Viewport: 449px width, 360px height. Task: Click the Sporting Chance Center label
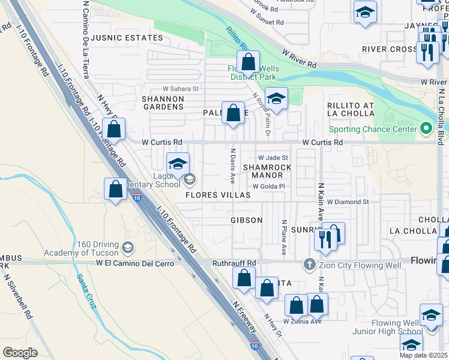[x=372, y=129]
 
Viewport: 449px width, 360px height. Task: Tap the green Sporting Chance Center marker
[x=426, y=128]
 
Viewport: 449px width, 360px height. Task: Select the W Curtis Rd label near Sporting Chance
[x=322, y=143]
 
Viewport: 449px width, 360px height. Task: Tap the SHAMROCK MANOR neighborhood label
[x=267, y=171]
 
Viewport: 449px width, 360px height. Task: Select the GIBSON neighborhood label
[x=247, y=220]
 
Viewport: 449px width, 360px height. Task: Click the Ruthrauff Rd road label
[x=234, y=263]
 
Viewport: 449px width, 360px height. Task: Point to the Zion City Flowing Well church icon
[x=309, y=263]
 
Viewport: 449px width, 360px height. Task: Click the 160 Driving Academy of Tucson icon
[x=127, y=247]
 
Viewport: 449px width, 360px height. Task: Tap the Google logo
[x=20, y=352]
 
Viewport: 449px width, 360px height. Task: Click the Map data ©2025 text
[x=424, y=355]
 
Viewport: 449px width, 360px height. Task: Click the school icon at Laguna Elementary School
[x=178, y=164]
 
